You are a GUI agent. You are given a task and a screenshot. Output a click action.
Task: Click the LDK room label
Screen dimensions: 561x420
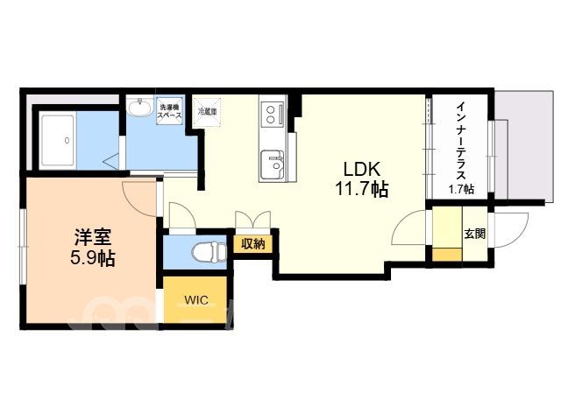pos(362,169)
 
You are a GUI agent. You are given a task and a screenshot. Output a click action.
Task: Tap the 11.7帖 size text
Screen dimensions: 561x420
pos(362,189)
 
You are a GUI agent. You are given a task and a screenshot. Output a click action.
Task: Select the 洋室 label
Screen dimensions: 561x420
pos(93,237)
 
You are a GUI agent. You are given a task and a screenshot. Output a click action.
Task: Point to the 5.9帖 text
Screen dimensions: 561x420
pos(93,258)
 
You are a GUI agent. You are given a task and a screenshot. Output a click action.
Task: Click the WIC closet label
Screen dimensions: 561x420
pos(196,299)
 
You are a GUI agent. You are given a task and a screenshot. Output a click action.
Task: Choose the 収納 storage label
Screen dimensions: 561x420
pos(253,244)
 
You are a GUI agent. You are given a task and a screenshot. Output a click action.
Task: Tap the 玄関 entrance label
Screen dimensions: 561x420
pos(475,234)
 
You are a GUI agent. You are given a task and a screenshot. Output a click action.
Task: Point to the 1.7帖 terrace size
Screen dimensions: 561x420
pos(462,189)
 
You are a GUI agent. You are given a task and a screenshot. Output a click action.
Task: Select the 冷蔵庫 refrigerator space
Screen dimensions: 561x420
pos(208,112)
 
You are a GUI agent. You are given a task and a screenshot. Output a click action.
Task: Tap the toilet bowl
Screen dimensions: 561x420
pos(209,252)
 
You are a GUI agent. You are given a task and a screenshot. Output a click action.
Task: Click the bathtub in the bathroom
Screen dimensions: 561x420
pos(59,140)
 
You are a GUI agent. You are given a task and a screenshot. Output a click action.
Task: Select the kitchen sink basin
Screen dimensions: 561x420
pos(273,164)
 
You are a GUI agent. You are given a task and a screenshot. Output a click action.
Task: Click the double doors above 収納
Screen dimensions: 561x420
pos(253,220)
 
